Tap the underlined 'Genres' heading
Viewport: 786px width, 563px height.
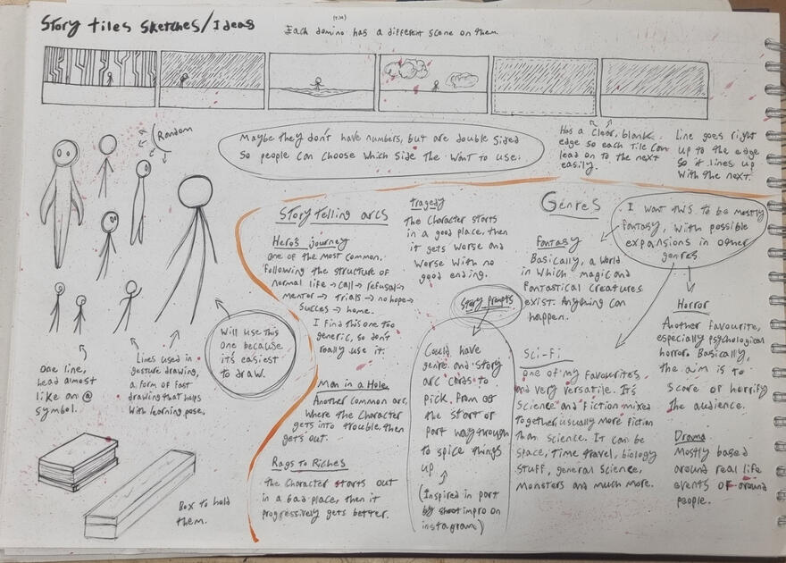click(570, 205)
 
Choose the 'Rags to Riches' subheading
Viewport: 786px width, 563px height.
click(309, 462)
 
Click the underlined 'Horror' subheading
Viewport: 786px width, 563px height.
click(692, 305)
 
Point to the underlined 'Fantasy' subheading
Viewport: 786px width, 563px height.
click(558, 242)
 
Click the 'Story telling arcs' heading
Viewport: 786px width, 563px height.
click(322, 214)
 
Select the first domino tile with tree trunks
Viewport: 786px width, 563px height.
click(100, 78)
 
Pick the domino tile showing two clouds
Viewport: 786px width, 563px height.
click(434, 82)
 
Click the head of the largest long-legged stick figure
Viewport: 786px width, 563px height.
click(196, 191)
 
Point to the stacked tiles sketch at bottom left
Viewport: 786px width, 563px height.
click(78, 460)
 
